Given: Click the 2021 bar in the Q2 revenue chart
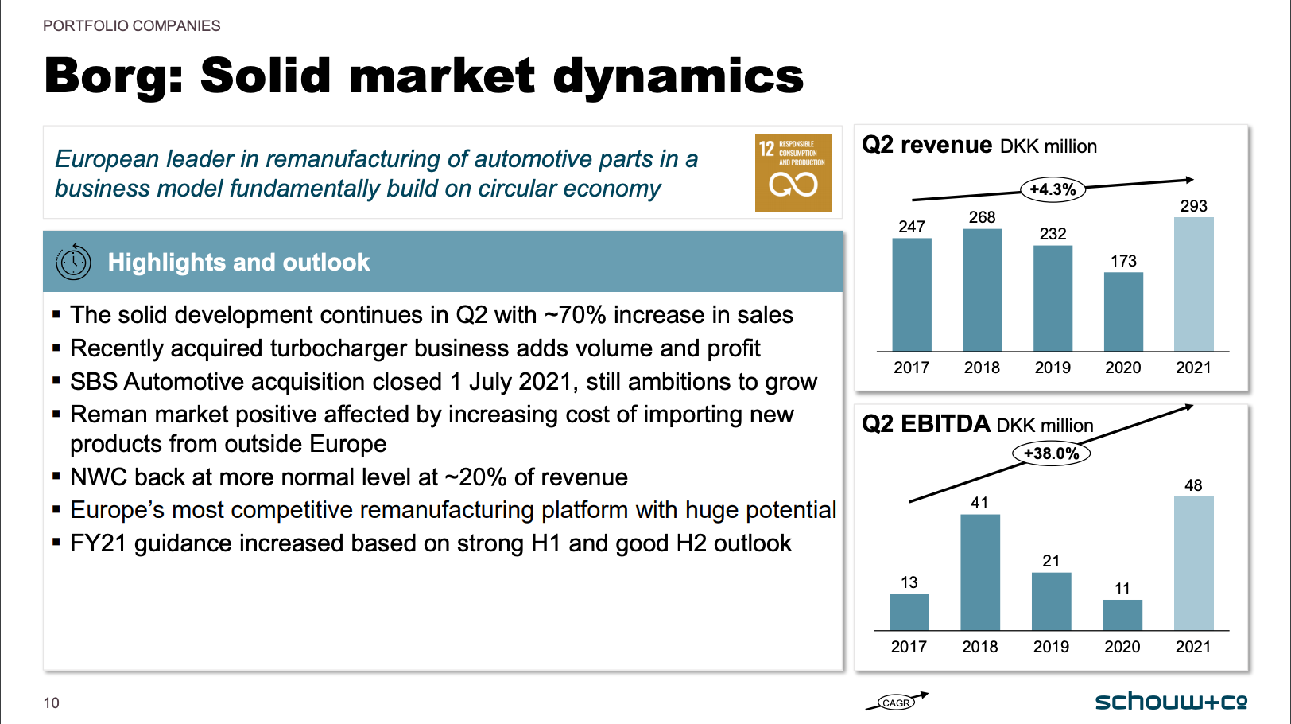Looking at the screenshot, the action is tap(1193, 284).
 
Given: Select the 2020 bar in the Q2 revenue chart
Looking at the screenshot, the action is tap(1123, 312).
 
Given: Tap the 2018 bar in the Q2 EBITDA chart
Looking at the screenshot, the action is tap(979, 572).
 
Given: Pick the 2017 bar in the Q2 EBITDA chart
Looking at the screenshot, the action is tap(909, 612).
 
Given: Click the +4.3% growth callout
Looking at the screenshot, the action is tap(1053, 189).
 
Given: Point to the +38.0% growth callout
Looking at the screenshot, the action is tap(1051, 453).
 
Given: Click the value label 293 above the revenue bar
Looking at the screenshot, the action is tap(1193, 206).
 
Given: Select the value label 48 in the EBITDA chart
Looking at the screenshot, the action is tap(1193, 485).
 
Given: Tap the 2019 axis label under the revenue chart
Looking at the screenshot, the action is tap(1053, 368).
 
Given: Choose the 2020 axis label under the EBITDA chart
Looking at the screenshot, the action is tap(1122, 647).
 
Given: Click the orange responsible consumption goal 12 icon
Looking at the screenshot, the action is tap(793, 173).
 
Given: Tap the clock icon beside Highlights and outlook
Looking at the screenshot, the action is tap(73, 262).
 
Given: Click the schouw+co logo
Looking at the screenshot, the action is tap(1170, 702).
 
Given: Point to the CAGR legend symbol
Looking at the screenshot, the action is tap(896, 702).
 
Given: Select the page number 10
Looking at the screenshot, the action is tap(52, 703).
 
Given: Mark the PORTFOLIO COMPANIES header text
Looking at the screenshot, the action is tap(131, 26).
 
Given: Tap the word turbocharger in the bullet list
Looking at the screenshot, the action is tap(338, 348).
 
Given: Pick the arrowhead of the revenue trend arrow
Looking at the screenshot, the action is tap(1189, 180).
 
